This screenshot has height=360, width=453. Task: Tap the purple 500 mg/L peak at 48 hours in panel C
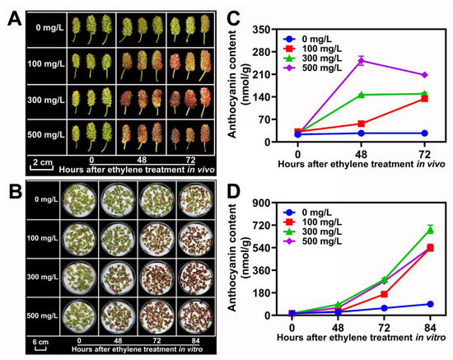(x=360, y=60)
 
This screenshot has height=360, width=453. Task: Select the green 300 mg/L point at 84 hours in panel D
(x=429, y=230)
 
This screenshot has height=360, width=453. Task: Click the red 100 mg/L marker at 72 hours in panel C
(x=424, y=98)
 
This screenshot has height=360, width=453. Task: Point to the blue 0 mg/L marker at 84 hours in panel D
(x=429, y=304)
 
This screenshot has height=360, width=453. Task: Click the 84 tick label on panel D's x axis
(x=429, y=327)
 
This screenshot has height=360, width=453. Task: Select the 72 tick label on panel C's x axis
(x=424, y=153)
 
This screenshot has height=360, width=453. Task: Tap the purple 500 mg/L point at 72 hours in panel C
(x=424, y=75)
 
